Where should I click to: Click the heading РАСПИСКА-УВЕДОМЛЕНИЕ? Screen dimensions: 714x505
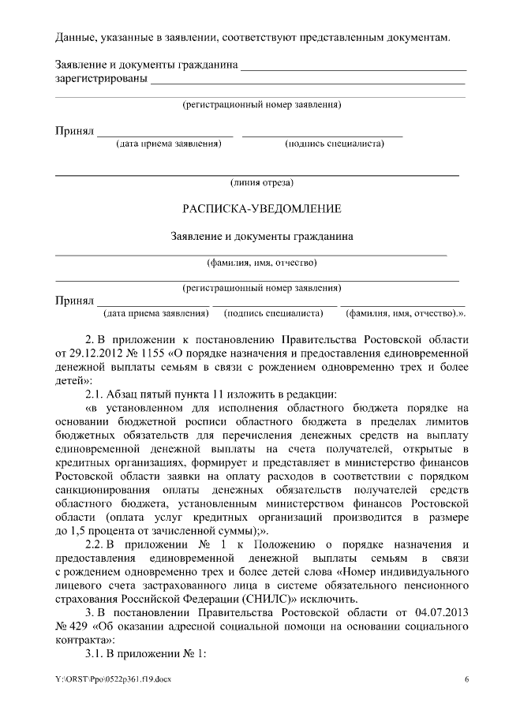coord(261,209)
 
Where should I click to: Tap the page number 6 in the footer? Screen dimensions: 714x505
coord(466,679)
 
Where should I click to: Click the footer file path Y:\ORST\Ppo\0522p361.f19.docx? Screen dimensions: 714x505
coord(112,679)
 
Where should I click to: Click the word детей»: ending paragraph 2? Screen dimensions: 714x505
coord(73,379)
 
